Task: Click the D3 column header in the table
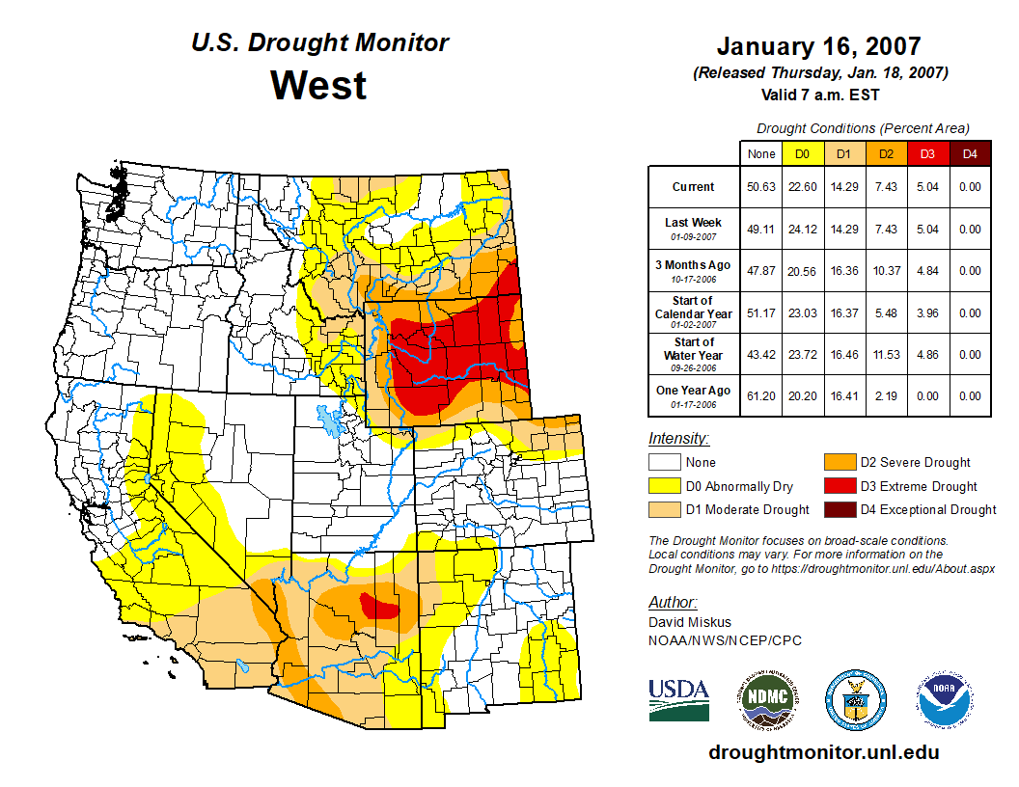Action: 925,153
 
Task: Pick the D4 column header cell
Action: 970,153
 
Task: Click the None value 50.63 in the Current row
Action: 761,187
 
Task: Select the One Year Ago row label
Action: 693,395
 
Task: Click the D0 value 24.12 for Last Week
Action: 801,230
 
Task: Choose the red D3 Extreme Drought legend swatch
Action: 838,486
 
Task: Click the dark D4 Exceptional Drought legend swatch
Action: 838,509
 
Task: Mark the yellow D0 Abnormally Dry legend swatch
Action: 664,486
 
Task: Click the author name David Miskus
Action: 690,622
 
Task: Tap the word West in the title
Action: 318,85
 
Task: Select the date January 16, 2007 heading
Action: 818,46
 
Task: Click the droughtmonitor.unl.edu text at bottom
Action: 823,752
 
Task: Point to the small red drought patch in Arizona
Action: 381,607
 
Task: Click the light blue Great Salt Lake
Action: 329,421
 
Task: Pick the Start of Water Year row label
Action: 693,348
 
